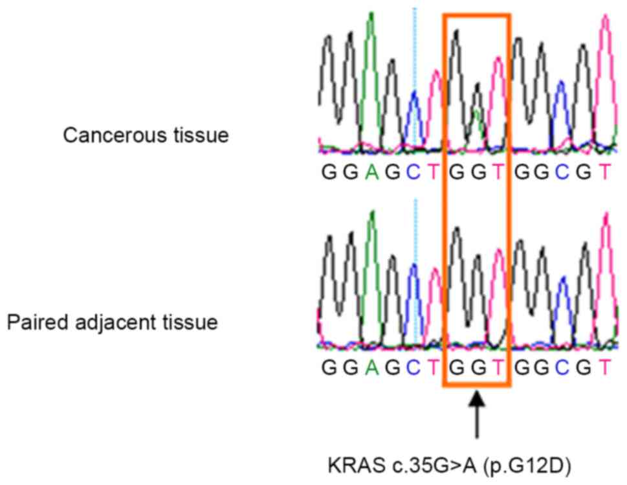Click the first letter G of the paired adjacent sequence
[328, 367]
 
